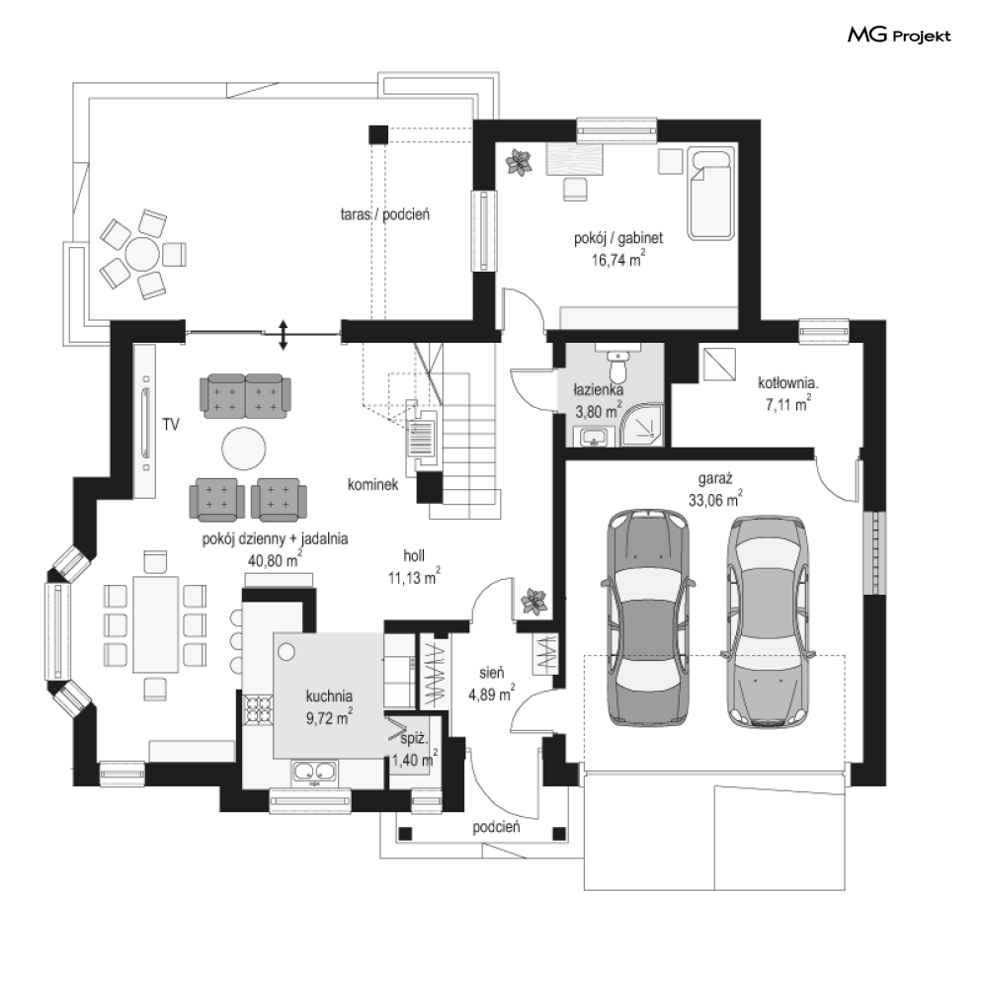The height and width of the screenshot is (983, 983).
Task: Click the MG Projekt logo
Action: click(899, 36)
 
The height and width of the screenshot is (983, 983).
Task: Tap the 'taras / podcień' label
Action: click(385, 214)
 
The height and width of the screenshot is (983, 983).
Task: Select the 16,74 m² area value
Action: click(618, 259)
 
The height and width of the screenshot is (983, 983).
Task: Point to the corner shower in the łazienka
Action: click(642, 426)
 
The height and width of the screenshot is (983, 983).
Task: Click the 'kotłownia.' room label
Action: click(788, 382)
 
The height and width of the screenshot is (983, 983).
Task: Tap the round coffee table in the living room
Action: click(244, 449)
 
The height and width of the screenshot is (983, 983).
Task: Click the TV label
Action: click(171, 425)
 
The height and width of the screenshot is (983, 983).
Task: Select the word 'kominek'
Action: click(373, 485)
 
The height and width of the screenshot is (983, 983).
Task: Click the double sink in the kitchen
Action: click(315, 773)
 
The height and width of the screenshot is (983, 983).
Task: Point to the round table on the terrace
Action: click(142, 255)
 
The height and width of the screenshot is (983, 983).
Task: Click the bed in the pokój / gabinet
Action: click(711, 193)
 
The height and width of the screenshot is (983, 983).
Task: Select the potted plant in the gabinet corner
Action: click(519, 163)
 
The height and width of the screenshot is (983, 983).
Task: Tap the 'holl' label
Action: click(414, 555)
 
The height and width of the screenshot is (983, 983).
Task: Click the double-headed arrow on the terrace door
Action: click(284, 335)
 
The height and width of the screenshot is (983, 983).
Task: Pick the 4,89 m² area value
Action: click(492, 694)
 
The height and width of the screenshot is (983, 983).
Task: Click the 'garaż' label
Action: click(715, 479)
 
